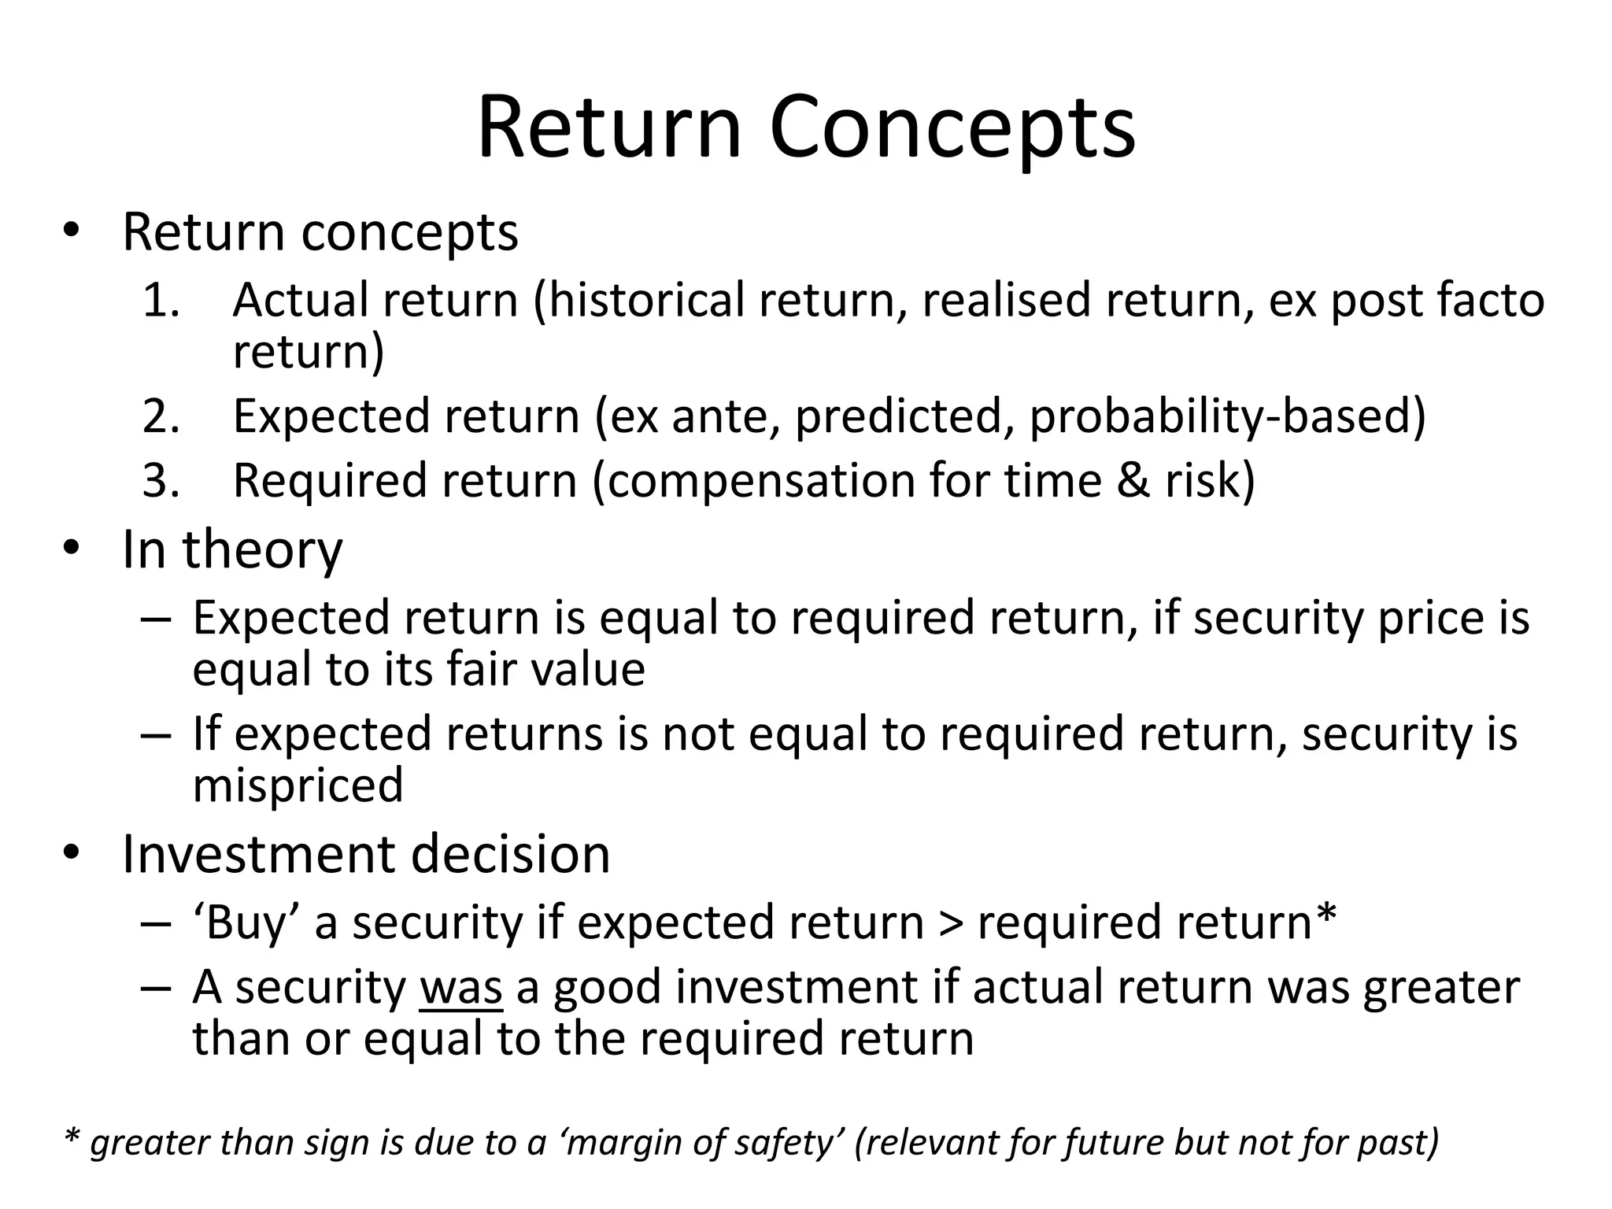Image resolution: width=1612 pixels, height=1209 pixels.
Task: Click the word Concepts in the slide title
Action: (x=952, y=128)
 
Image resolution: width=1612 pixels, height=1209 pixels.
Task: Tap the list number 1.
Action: (x=160, y=301)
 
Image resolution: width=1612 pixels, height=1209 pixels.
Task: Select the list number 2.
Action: (x=160, y=416)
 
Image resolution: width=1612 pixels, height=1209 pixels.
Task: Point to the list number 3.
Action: (x=160, y=481)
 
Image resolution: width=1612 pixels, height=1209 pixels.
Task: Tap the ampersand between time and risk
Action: (x=1133, y=481)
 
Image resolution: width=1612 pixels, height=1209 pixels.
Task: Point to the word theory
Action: (x=263, y=551)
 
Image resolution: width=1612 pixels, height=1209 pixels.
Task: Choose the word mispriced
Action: (x=298, y=786)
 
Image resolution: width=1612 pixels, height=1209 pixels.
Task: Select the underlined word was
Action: (x=461, y=988)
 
